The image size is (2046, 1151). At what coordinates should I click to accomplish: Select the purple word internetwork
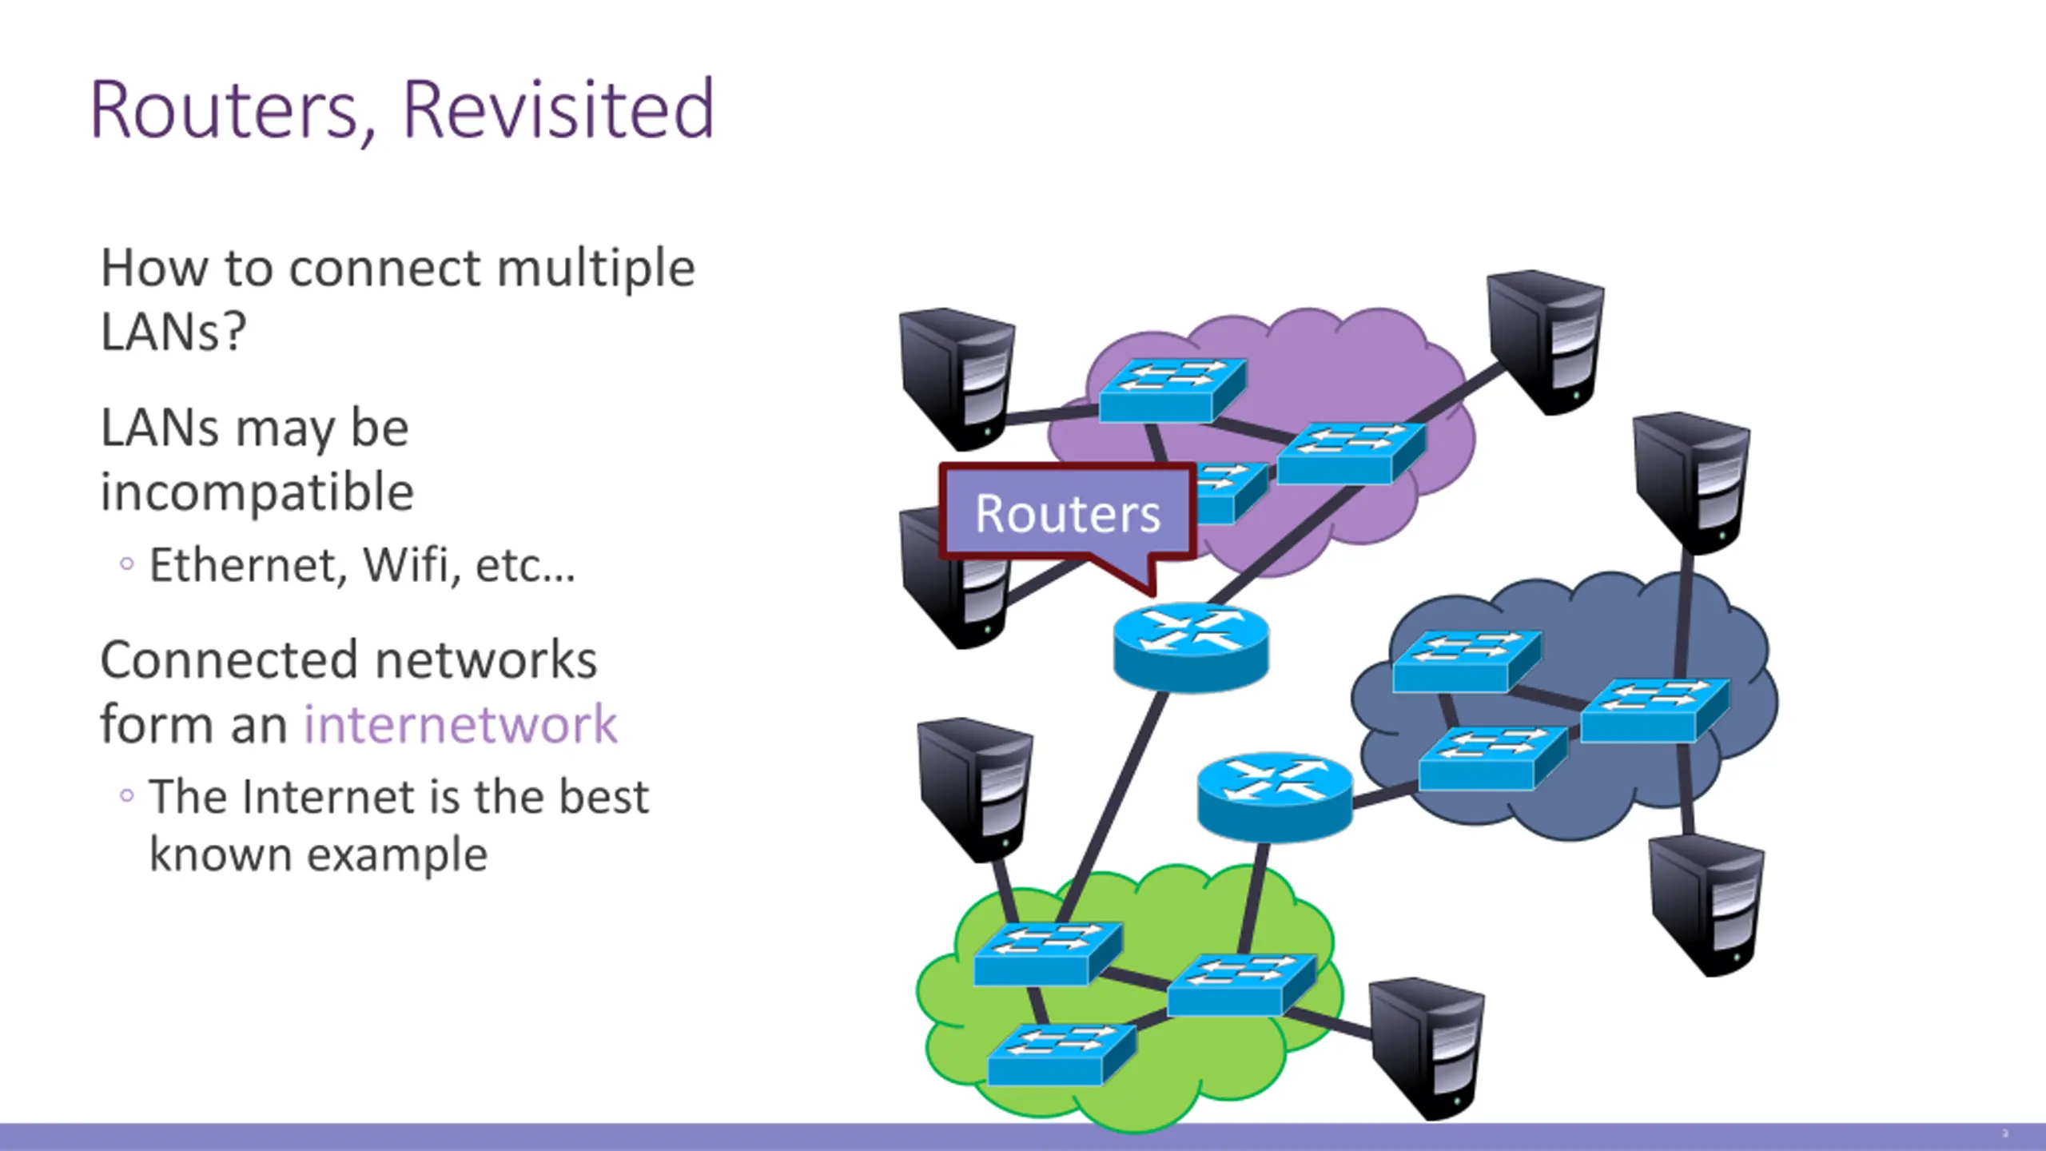click(x=460, y=724)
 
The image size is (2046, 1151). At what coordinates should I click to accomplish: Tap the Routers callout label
click(x=1068, y=513)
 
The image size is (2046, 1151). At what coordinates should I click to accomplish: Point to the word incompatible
click(x=257, y=492)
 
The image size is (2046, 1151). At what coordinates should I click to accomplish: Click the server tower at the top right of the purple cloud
click(x=1546, y=342)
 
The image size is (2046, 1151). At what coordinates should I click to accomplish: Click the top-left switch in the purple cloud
click(x=1172, y=390)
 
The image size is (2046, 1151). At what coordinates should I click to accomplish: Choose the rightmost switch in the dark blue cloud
click(x=1655, y=711)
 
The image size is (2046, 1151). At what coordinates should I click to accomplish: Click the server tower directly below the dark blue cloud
click(x=1707, y=905)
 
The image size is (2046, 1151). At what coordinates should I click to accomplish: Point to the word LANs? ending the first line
click(x=173, y=331)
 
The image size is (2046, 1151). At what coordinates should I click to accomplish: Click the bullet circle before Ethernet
click(x=126, y=564)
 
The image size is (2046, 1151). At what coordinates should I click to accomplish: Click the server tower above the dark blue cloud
click(x=1691, y=483)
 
